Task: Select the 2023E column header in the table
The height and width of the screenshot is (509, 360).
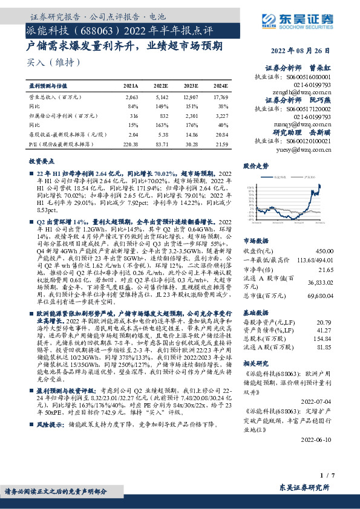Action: pos(191,87)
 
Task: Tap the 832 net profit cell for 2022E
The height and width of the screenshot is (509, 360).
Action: pos(162,114)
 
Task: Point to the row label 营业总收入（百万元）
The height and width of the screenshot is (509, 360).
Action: pos(55,97)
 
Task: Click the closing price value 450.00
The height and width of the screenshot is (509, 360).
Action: pos(324,234)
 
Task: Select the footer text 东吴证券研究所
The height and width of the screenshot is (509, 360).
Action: pos(305,487)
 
